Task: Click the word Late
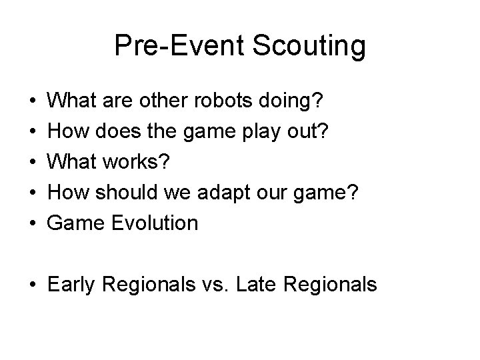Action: coord(258,285)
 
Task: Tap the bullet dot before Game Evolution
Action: coord(33,223)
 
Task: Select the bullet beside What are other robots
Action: coord(33,103)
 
